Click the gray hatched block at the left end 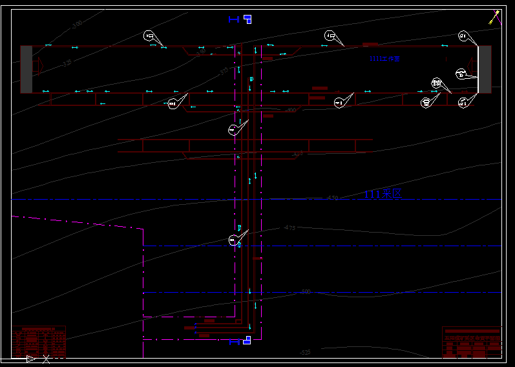[26, 69]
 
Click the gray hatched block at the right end [484, 69]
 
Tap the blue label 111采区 [383, 193]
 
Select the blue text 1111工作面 [384, 59]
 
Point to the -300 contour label [77, 25]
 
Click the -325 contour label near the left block [67, 63]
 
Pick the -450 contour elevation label [332, 197]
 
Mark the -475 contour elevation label [289, 228]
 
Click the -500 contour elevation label [305, 292]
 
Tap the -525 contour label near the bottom [305, 352]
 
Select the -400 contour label [290, 110]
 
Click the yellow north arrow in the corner [495, 17]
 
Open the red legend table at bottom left [39, 341]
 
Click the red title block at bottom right [471, 342]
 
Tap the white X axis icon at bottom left [46, 359]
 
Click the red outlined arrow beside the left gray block [37, 65]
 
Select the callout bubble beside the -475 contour [233, 240]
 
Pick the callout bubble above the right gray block [463, 36]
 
